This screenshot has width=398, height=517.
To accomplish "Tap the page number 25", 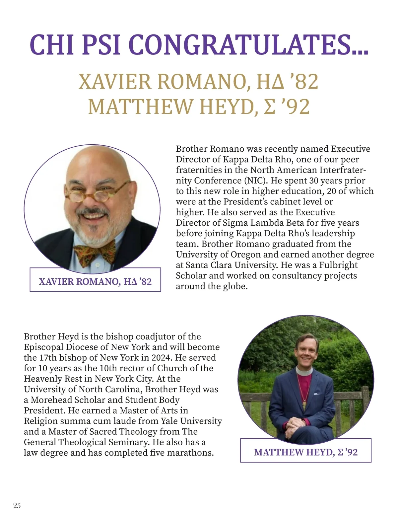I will coord(17,505).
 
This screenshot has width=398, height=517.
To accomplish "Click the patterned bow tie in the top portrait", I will coord(95,252).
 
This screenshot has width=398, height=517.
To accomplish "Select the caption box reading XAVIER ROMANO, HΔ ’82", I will coord(95,281).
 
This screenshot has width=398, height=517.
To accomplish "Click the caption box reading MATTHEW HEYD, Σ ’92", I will coord(305,452).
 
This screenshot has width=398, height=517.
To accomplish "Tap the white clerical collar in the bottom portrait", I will coord(304,371).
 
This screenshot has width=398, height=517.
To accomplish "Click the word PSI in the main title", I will coord(101,45).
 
